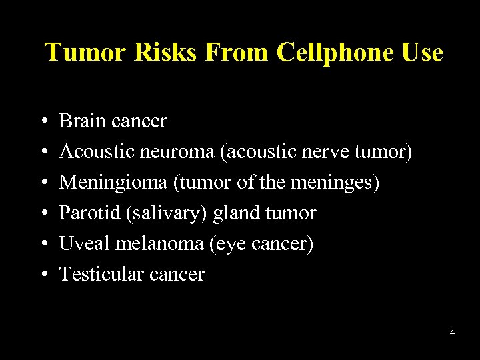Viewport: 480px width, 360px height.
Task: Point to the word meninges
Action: coord(336,182)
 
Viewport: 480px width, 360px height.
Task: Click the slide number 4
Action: coord(452,332)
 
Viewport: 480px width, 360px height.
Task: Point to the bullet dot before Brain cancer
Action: coord(42,121)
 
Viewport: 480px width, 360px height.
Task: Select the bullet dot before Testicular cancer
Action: coord(42,275)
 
